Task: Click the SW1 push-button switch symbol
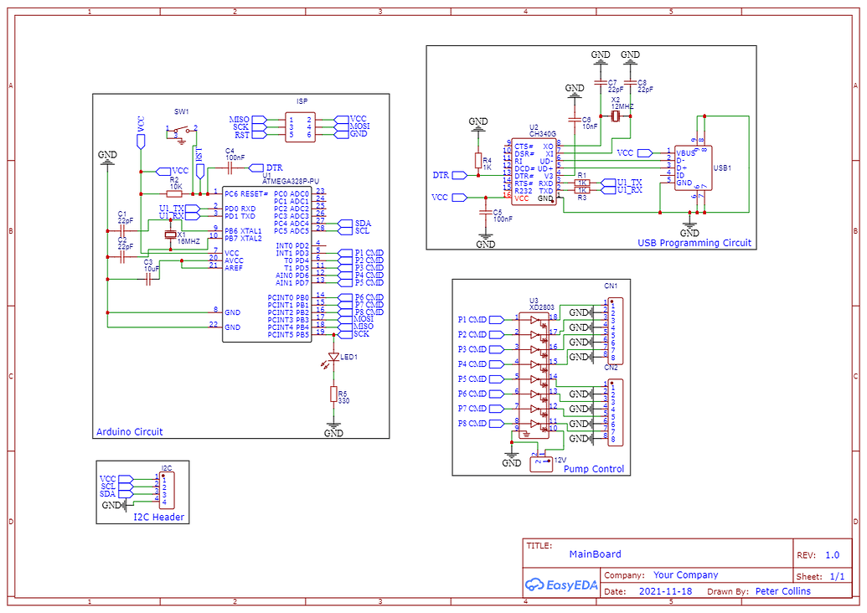pos(181,131)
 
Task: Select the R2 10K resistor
pos(174,193)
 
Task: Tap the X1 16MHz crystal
pos(171,235)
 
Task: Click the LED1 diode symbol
pos(333,358)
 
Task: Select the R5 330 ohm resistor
pos(333,395)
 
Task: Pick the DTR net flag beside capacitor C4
pos(272,167)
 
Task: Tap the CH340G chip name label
pos(542,133)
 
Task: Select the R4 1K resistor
pos(478,161)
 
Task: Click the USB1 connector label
pos(721,167)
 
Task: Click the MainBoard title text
pos(595,554)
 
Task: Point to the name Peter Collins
pos(782,591)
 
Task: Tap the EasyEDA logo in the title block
pos(560,585)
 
